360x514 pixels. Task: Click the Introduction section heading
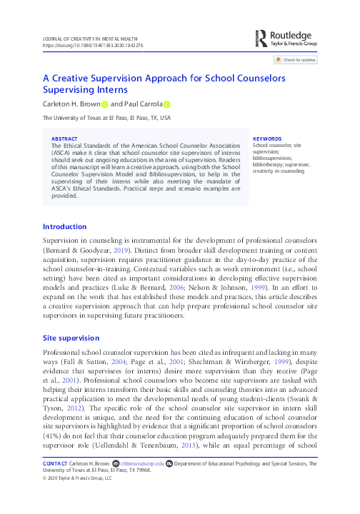pyautogui.click(x=66, y=226)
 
